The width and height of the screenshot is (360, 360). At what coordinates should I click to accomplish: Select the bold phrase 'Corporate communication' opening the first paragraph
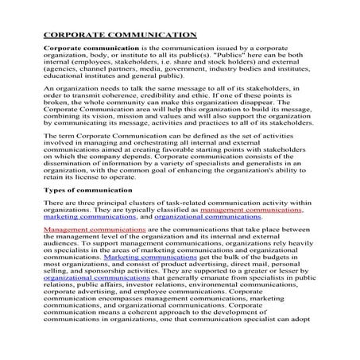click(x=79, y=49)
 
